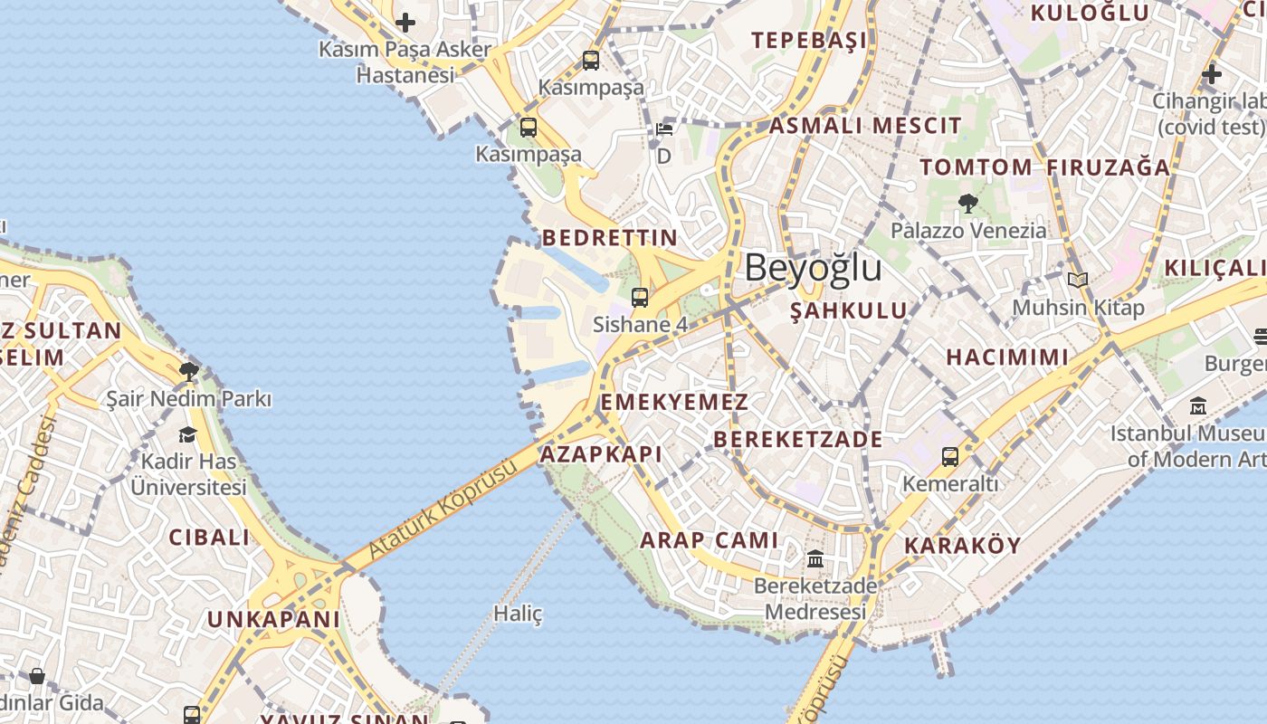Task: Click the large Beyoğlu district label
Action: point(813,268)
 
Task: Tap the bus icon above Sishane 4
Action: point(640,297)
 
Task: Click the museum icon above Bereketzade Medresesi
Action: point(815,558)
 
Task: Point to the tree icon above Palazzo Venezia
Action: point(967,204)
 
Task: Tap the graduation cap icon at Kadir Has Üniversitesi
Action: point(188,434)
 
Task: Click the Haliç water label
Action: point(518,614)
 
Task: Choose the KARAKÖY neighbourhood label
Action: point(962,546)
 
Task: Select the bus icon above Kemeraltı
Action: point(949,457)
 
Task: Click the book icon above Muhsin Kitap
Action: point(1077,281)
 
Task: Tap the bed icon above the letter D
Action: point(664,129)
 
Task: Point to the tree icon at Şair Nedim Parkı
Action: point(188,370)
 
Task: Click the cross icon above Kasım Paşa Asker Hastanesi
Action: point(405,22)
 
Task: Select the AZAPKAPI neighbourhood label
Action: point(601,454)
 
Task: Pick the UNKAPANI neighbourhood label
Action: point(273,620)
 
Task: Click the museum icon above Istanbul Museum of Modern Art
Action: point(1198,406)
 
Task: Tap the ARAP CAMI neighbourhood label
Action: point(709,540)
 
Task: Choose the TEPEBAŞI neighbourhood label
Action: point(809,40)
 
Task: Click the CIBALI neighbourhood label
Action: point(209,537)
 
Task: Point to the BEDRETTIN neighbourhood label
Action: point(609,238)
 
